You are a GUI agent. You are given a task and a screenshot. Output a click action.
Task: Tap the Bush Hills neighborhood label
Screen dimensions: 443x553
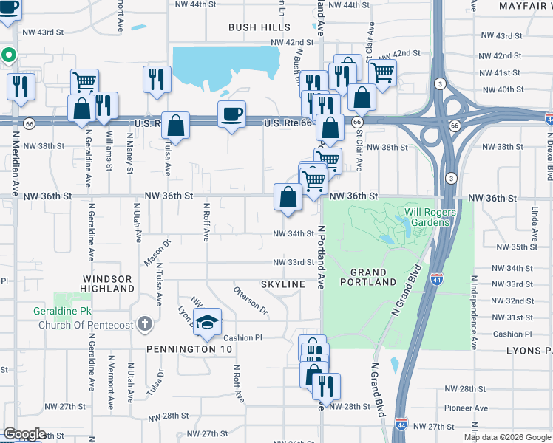pos(259,27)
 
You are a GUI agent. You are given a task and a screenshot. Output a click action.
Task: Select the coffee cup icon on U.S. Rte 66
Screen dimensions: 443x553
pos(231,114)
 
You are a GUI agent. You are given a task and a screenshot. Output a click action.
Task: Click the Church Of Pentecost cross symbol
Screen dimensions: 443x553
pos(145,323)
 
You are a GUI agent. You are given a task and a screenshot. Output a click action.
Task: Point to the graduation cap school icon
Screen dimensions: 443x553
pos(208,321)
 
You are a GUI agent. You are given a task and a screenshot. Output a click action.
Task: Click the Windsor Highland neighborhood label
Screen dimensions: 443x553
pos(107,284)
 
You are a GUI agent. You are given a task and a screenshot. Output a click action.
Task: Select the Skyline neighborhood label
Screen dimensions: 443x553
pos(282,284)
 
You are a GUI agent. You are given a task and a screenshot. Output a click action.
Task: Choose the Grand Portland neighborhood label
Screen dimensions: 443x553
pos(368,277)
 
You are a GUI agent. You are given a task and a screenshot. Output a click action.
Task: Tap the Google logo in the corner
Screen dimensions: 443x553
pos(25,434)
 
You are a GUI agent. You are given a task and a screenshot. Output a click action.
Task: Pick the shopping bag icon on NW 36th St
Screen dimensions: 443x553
pos(288,197)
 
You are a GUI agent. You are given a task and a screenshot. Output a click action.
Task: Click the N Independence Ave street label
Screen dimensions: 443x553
pos(474,313)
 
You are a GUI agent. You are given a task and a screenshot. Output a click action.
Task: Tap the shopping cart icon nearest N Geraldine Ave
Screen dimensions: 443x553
pos(84,81)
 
